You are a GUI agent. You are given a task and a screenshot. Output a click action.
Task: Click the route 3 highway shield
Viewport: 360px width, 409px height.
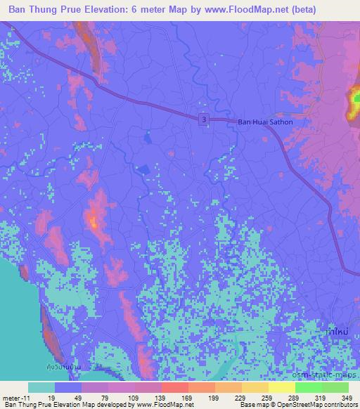(x=203, y=120)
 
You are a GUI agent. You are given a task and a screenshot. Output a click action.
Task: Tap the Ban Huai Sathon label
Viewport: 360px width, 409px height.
(x=265, y=122)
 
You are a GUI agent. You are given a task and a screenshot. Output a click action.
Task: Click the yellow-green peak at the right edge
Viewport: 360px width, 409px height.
(x=354, y=103)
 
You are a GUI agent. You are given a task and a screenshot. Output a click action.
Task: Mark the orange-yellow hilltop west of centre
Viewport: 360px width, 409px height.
(x=94, y=222)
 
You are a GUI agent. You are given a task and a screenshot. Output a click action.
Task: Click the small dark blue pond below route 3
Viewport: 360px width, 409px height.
(x=143, y=169)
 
